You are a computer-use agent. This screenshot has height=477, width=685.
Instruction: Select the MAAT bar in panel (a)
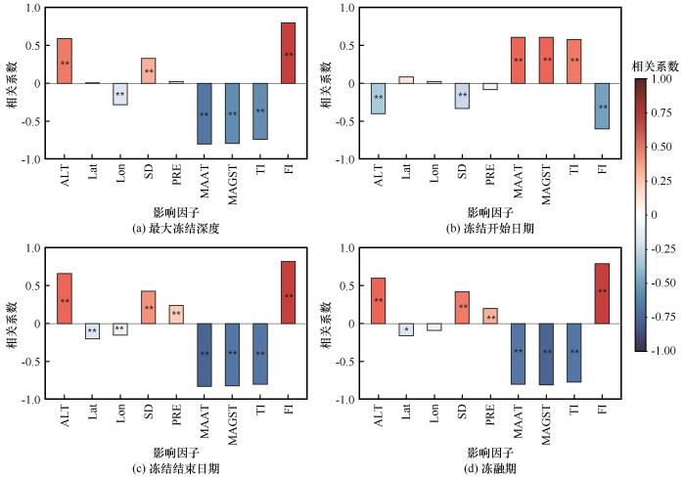click(205, 113)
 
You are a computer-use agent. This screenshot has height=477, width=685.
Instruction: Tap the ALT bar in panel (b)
click(378, 98)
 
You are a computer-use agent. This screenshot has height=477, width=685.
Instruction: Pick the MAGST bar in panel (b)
click(546, 61)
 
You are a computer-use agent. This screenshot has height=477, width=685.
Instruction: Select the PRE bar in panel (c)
click(176, 314)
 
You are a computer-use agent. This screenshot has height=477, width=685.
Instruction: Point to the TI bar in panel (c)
click(260, 353)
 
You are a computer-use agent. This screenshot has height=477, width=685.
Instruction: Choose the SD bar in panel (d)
click(462, 307)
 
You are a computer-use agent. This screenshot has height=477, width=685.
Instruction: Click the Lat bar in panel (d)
click(406, 329)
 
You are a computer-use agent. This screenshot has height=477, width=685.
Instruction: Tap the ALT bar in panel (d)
click(378, 299)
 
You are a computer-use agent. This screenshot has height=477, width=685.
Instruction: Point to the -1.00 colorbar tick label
click(662, 350)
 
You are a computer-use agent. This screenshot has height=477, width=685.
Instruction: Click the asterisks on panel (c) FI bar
click(289, 296)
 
